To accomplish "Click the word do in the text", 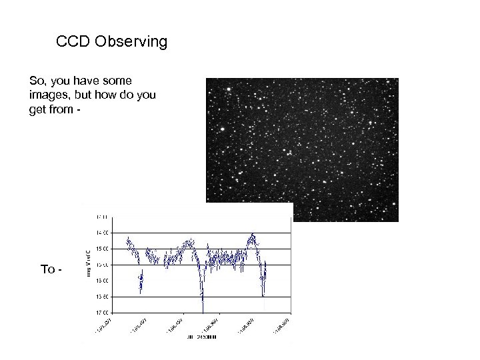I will coord(127,95).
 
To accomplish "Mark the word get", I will coord(37,109).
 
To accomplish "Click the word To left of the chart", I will coord(48,269).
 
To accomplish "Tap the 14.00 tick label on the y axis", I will coord(104,233).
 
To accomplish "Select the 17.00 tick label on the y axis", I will coord(104,312).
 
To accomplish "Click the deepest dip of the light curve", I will coord(203,308).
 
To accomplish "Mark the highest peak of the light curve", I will coord(253,234).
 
